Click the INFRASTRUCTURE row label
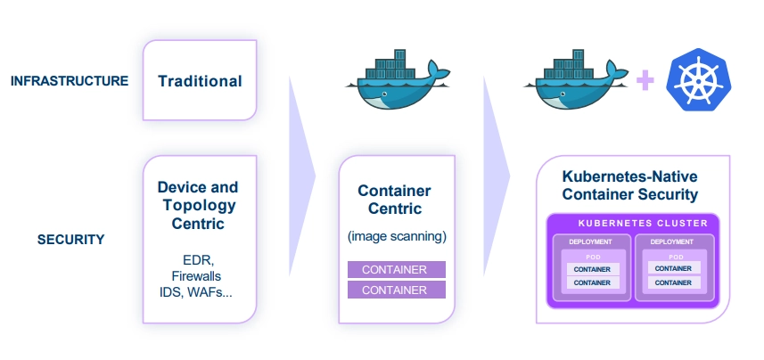click(70, 81)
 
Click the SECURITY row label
click(71, 240)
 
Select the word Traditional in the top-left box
click(200, 81)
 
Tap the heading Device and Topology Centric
click(198, 206)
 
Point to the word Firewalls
click(198, 277)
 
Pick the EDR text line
click(198, 261)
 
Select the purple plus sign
click(645, 81)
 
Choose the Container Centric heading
click(394, 200)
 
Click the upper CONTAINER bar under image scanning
click(396, 269)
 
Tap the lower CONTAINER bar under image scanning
click(396, 290)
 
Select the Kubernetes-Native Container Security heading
click(630, 185)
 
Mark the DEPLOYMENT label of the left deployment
click(592, 241)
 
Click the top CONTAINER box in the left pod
click(592, 268)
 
